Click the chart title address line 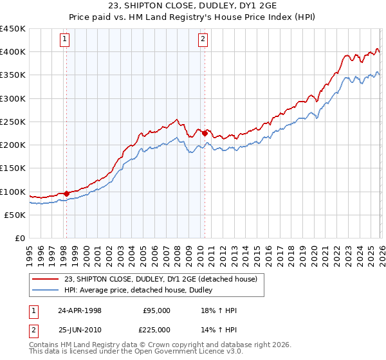tap(192, 6)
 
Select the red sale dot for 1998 tap(66, 193)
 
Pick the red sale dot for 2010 tap(205, 133)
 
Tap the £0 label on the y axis tap(20, 239)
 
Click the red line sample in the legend tap(46, 279)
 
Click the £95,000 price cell tap(156, 309)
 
